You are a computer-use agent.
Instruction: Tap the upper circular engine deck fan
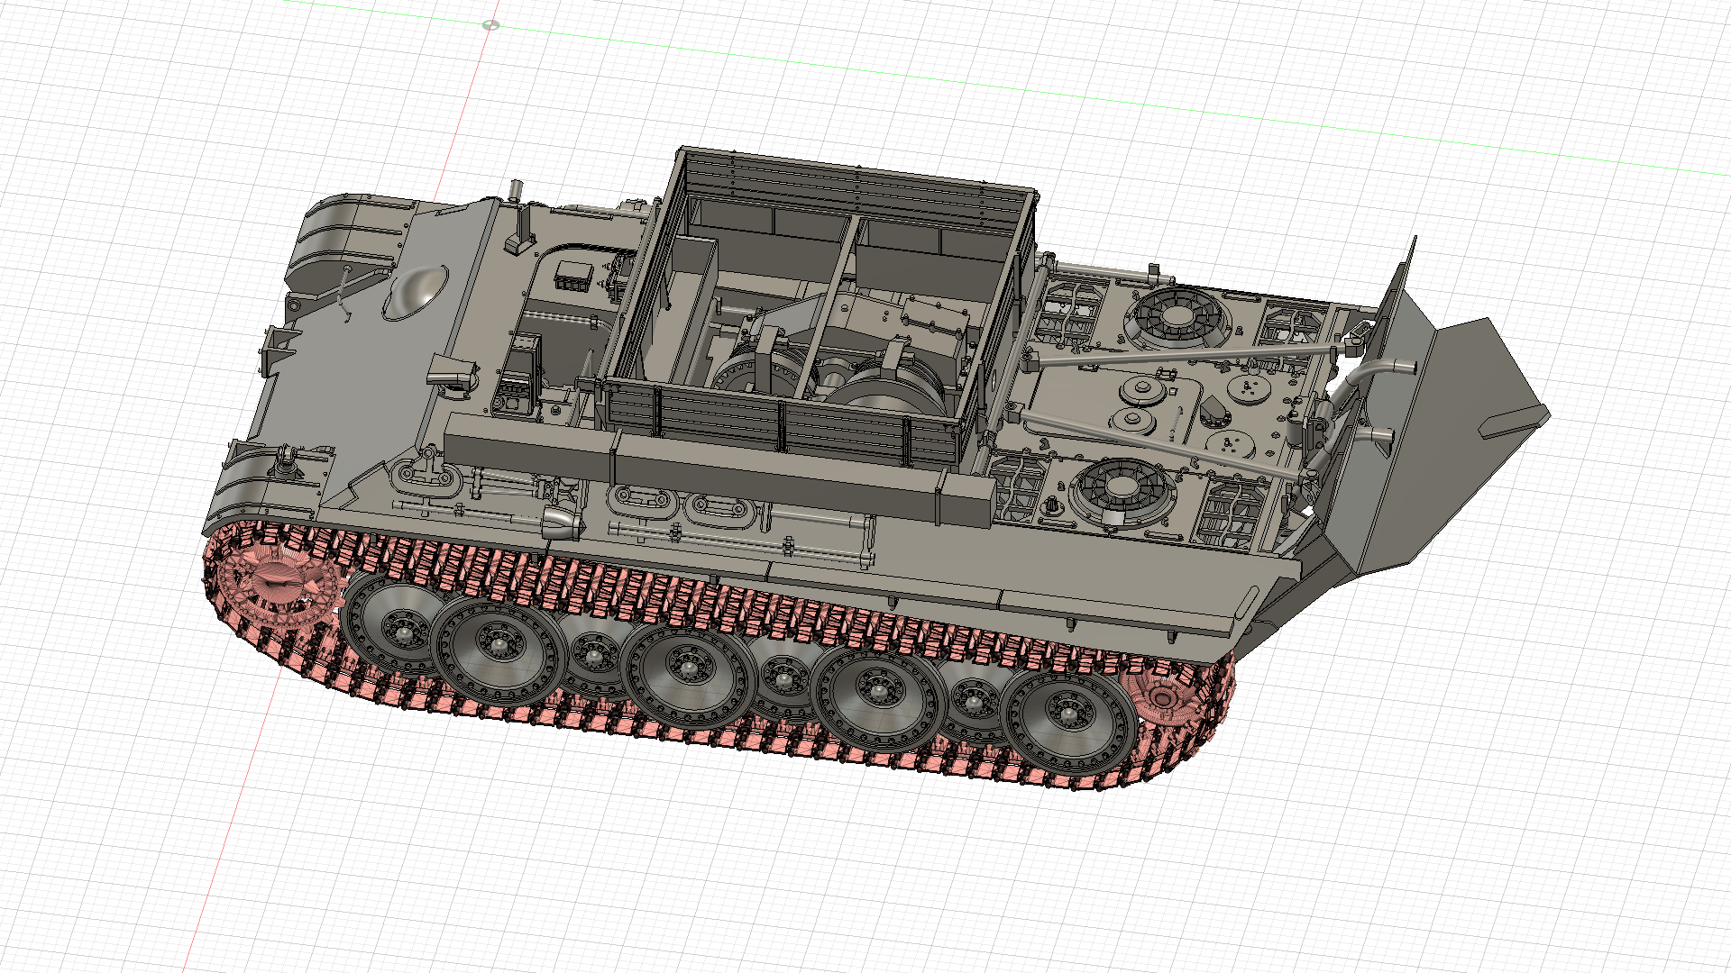pos(1177,316)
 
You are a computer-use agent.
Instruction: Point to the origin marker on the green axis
pos(490,25)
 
